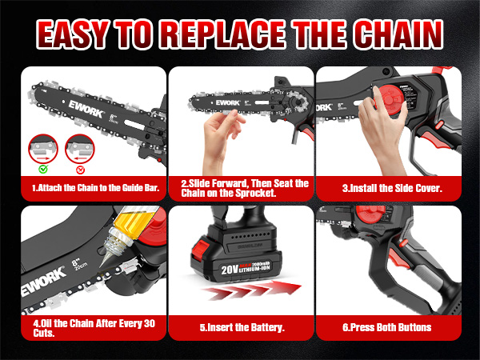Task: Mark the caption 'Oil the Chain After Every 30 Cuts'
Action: [x=90, y=328]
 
